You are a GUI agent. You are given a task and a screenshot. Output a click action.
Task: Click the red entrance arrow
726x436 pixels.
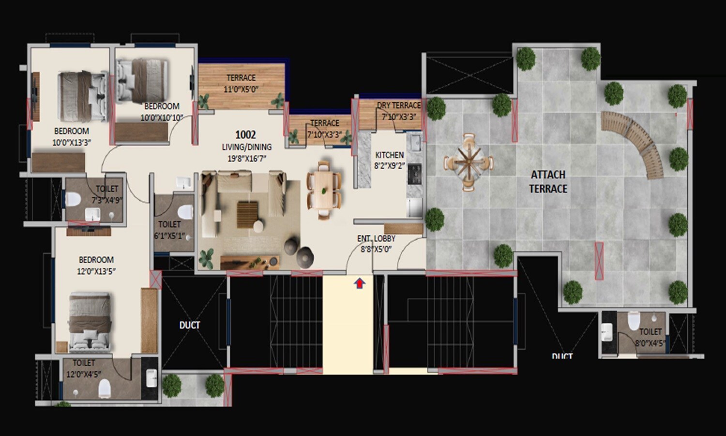click(x=360, y=283)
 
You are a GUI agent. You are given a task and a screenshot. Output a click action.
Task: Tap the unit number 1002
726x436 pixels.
click(x=245, y=135)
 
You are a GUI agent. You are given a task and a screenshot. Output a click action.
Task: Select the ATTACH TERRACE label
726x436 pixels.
click(x=548, y=182)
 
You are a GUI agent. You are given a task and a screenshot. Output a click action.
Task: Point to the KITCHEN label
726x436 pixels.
click(x=389, y=155)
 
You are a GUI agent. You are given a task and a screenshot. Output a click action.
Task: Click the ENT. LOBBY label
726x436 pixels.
click(x=376, y=238)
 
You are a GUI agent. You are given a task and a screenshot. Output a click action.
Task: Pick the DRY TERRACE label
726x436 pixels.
click(x=399, y=105)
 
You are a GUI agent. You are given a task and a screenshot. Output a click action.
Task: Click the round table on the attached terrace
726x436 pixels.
click(x=468, y=162)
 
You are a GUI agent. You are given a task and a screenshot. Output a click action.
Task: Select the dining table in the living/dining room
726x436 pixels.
click(x=323, y=190)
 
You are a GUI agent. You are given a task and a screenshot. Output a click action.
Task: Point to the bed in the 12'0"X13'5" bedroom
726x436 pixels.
click(x=89, y=320)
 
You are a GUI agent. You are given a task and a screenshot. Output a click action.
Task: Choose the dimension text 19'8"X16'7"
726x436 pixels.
click(x=247, y=158)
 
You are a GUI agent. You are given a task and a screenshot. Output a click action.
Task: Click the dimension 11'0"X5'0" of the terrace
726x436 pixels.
click(x=241, y=89)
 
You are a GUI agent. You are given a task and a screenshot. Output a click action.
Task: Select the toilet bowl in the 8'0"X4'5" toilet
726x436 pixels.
click(x=634, y=321)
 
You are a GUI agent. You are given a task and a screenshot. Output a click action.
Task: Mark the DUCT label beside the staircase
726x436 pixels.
click(x=190, y=325)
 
